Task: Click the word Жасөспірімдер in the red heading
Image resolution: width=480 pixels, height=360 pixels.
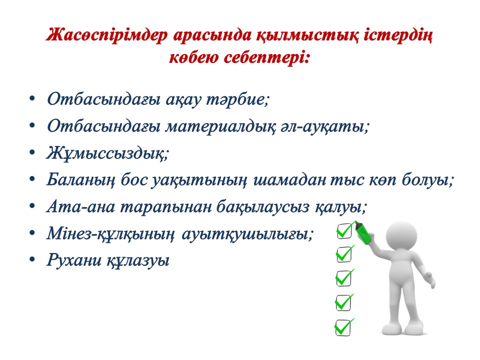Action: (107, 35)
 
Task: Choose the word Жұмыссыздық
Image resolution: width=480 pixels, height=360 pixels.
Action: (107, 153)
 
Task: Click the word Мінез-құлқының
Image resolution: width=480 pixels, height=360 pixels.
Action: (110, 234)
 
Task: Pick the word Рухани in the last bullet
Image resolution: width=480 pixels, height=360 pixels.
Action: (74, 260)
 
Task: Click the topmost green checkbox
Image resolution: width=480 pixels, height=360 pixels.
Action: (344, 230)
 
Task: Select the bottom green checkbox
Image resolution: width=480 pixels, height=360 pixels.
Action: (344, 327)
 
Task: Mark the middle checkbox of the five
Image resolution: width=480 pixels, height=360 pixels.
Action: (344, 278)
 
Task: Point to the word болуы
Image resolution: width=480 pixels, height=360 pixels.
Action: (427, 180)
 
